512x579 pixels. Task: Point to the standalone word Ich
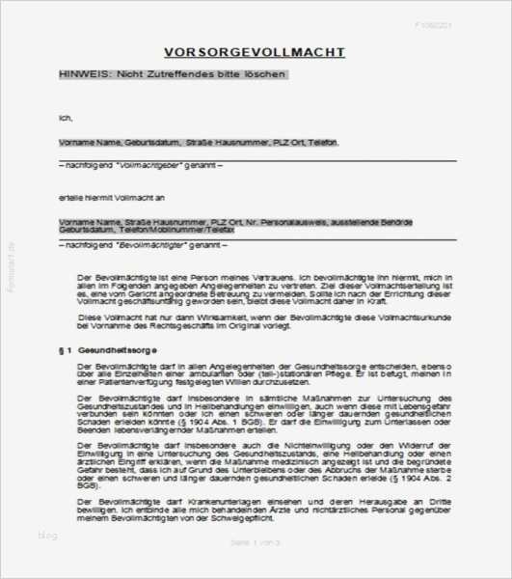click(65, 119)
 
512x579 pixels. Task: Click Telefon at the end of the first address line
click(323, 142)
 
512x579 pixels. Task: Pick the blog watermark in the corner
click(47, 535)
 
